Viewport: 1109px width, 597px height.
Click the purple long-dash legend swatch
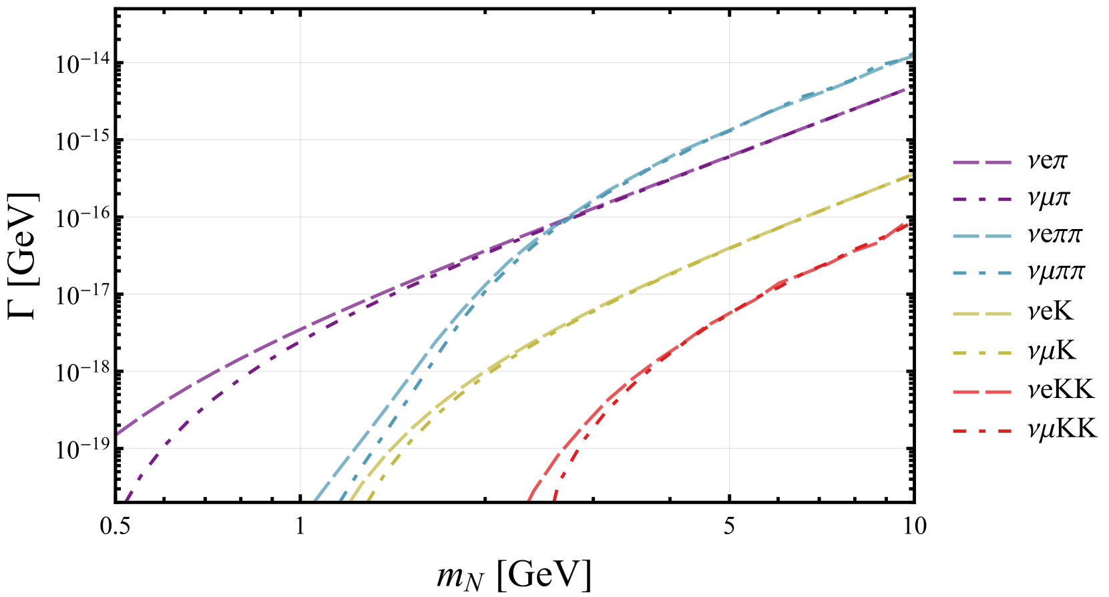tap(982, 162)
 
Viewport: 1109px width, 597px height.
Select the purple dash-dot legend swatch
tap(982, 199)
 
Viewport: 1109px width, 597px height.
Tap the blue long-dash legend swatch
tap(982, 236)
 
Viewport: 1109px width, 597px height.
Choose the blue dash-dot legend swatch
tap(982, 273)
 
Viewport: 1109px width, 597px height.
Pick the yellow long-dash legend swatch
tap(982, 314)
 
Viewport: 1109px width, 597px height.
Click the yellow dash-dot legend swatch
tap(982, 353)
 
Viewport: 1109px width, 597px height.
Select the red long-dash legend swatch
tap(982, 392)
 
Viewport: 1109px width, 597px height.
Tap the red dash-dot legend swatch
tap(982, 431)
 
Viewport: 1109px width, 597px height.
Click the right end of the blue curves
tap(911, 55)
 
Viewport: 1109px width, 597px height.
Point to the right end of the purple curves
tap(911, 88)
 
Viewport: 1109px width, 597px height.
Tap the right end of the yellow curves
tap(911, 174)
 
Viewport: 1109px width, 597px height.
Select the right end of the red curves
tap(911, 222)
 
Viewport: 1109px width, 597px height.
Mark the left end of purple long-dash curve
tap(118, 433)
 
